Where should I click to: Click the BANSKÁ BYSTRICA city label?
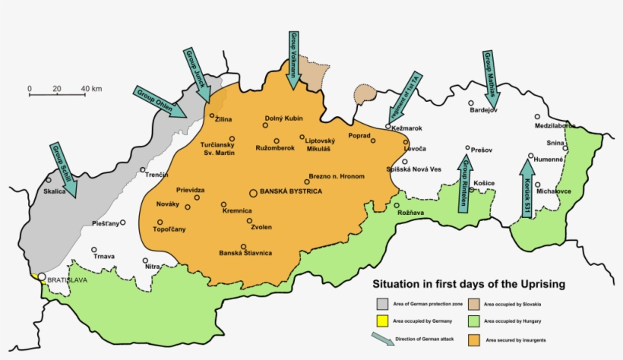tap(291, 192)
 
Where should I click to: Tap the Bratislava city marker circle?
tap(42, 279)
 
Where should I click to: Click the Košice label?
tap(484, 183)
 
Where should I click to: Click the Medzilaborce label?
tap(555, 125)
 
